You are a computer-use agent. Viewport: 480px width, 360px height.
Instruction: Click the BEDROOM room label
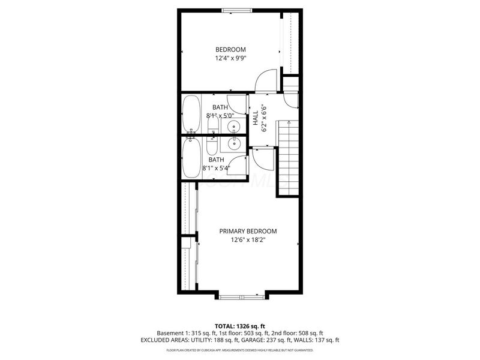(x=231, y=49)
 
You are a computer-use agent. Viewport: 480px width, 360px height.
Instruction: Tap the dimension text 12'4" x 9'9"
(x=231, y=59)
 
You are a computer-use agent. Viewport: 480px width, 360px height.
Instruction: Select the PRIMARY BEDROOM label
(x=248, y=231)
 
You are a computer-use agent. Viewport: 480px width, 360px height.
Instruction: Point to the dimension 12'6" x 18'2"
(x=248, y=241)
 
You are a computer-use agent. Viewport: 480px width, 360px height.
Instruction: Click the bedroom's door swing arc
(x=265, y=80)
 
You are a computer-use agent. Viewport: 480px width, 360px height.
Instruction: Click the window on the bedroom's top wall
(x=236, y=10)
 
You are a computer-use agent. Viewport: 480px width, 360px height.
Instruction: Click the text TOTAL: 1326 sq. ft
(x=240, y=325)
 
